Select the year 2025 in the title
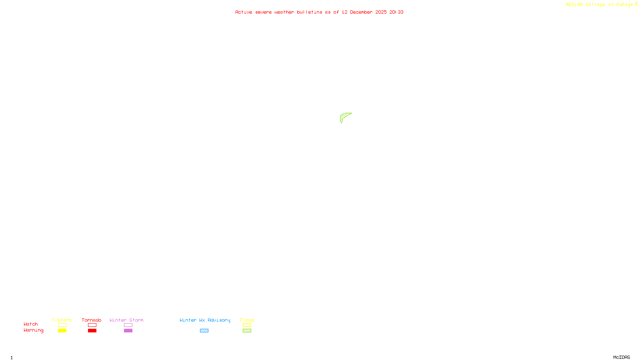tap(381, 12)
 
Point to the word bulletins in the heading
tap(309, 12)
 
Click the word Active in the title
tap(244, 12)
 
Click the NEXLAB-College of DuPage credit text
tap(599, 5)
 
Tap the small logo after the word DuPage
tap(636, 4)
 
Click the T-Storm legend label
tap(62, 320)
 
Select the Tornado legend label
tap(92, 320)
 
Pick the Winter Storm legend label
tap(126, 320)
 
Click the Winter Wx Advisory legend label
tap(205, 320)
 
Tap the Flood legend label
tap(247, 320)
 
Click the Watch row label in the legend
tap(31, 324)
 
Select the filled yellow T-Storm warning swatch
tap(62, 331)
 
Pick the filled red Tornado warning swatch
tap(92, 331)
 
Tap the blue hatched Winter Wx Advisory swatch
tap(204, 331)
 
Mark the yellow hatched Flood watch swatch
tap(247, 325)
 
